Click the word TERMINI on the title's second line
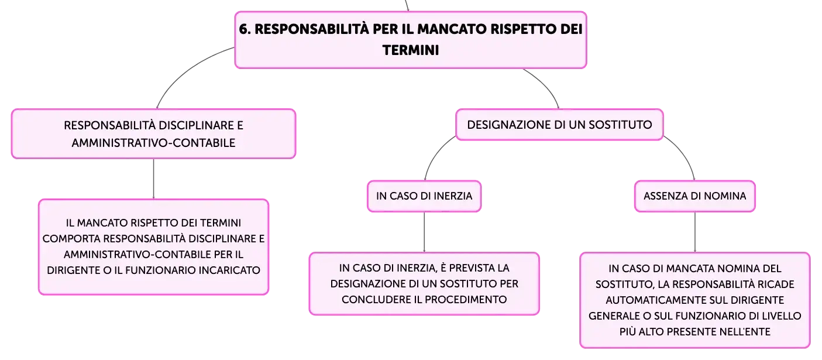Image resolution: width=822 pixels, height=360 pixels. [411, 50]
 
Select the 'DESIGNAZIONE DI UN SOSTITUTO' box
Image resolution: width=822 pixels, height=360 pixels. [560, 125]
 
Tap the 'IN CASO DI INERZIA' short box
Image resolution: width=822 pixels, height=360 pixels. [424, 196]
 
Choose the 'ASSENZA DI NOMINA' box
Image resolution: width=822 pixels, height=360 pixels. [694, 196]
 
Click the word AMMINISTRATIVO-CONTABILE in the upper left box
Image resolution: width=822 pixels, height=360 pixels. [153, 143]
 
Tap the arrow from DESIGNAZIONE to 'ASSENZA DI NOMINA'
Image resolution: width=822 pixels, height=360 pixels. [685, 155]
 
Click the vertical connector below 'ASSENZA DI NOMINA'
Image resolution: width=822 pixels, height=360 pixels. [694, 232]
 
